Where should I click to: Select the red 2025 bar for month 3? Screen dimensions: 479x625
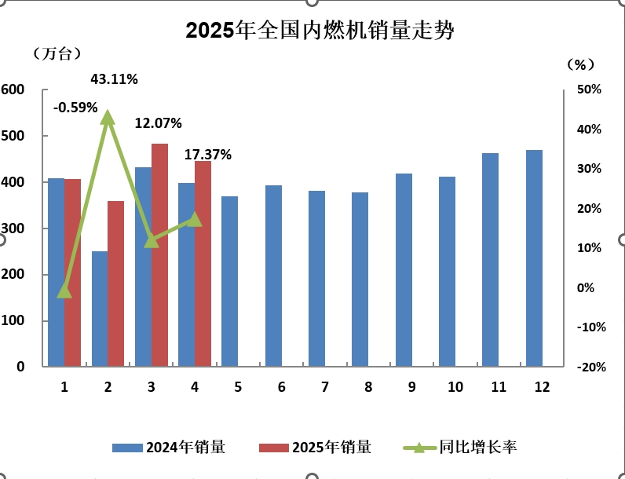pos(159,255)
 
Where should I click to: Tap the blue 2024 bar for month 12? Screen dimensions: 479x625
pos(534,258)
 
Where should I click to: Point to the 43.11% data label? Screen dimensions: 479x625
pos(115,79)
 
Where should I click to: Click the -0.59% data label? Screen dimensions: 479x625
pos(75,107)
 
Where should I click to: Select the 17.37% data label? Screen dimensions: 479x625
pos(208,155)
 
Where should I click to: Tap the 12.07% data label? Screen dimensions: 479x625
pos(159,123)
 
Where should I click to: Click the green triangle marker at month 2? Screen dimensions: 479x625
pos(108,118)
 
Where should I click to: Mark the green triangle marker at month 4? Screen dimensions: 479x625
pos(195,219)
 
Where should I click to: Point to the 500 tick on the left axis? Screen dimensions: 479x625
pos(13,136)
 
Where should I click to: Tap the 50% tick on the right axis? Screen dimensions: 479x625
pos(589,90)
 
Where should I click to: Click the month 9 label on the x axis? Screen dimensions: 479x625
pos(411,386)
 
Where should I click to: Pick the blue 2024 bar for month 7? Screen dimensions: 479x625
pos(316,279)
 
